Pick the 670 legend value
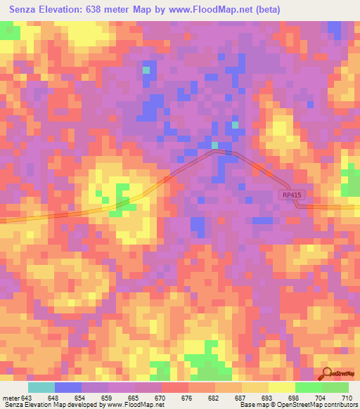coord(160,398)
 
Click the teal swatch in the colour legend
coord(41,387)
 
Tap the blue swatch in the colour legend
coord(68,387)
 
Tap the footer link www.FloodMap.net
coord(134,405)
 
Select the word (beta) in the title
coord(266,10)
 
